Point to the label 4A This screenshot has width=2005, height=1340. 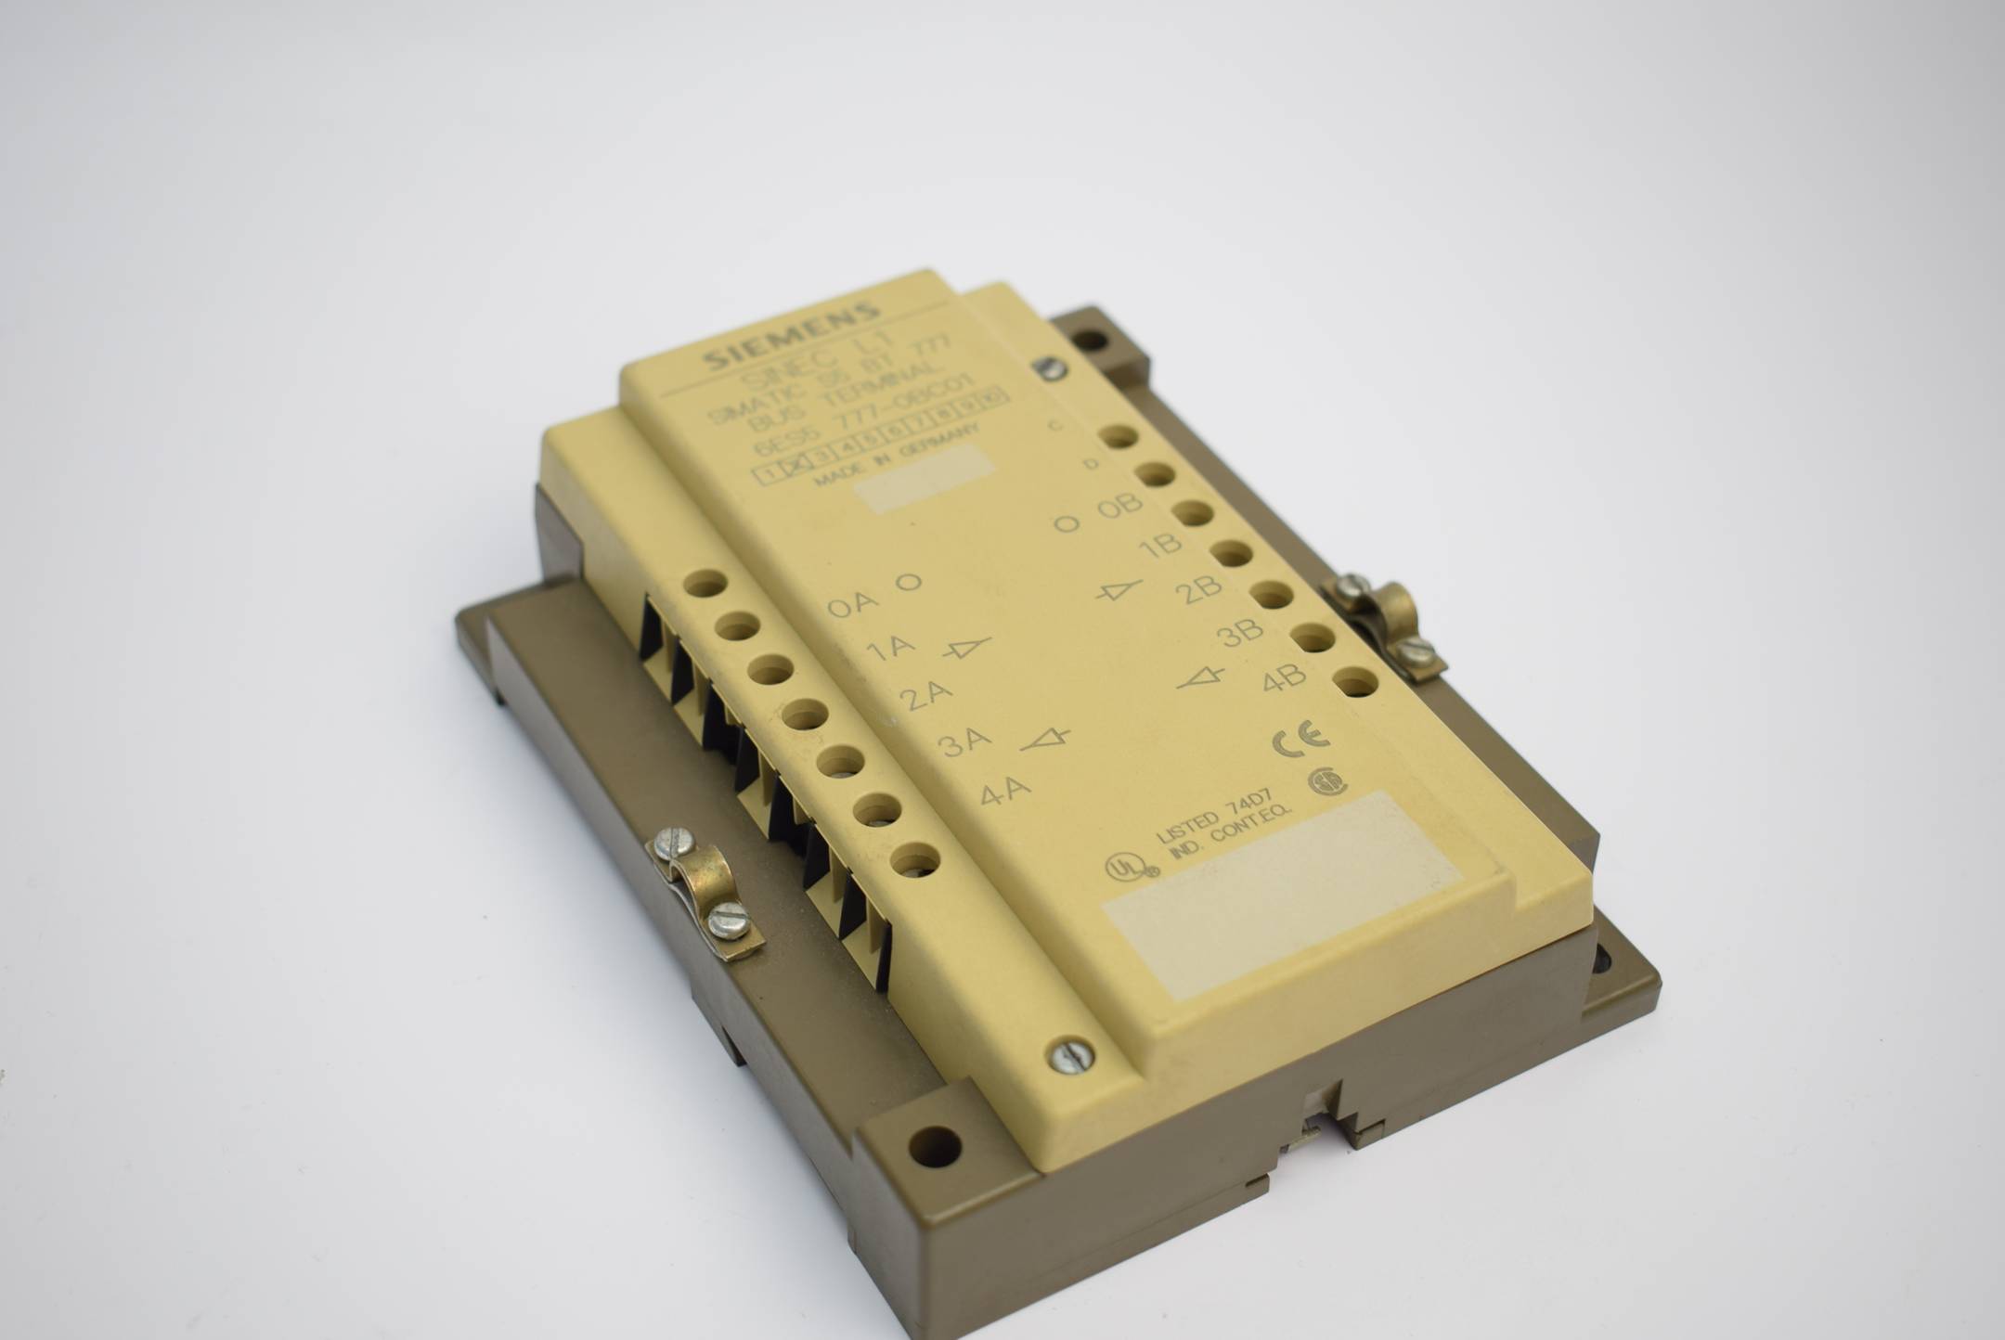coord(1006,792)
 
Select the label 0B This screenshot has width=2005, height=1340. coord(1119,506)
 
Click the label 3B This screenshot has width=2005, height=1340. coord(1241,633)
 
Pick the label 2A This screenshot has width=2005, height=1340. coord(925,694)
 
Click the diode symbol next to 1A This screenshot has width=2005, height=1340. coord(967,647)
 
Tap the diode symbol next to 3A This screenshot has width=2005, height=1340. coord(1045,740)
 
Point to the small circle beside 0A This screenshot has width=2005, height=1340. coord(908,582)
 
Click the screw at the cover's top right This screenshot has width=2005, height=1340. coord(1050,368)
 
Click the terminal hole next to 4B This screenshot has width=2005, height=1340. coord(1357,683)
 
